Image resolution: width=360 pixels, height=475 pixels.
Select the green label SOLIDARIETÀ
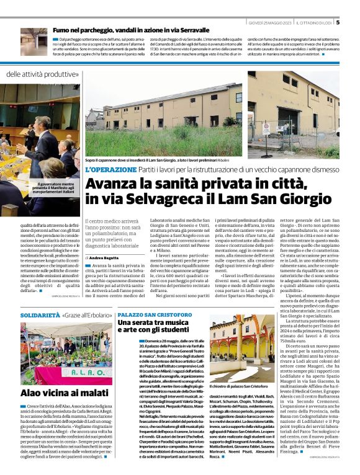[40, 316]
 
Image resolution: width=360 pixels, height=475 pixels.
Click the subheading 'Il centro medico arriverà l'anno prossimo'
[115, 232]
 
